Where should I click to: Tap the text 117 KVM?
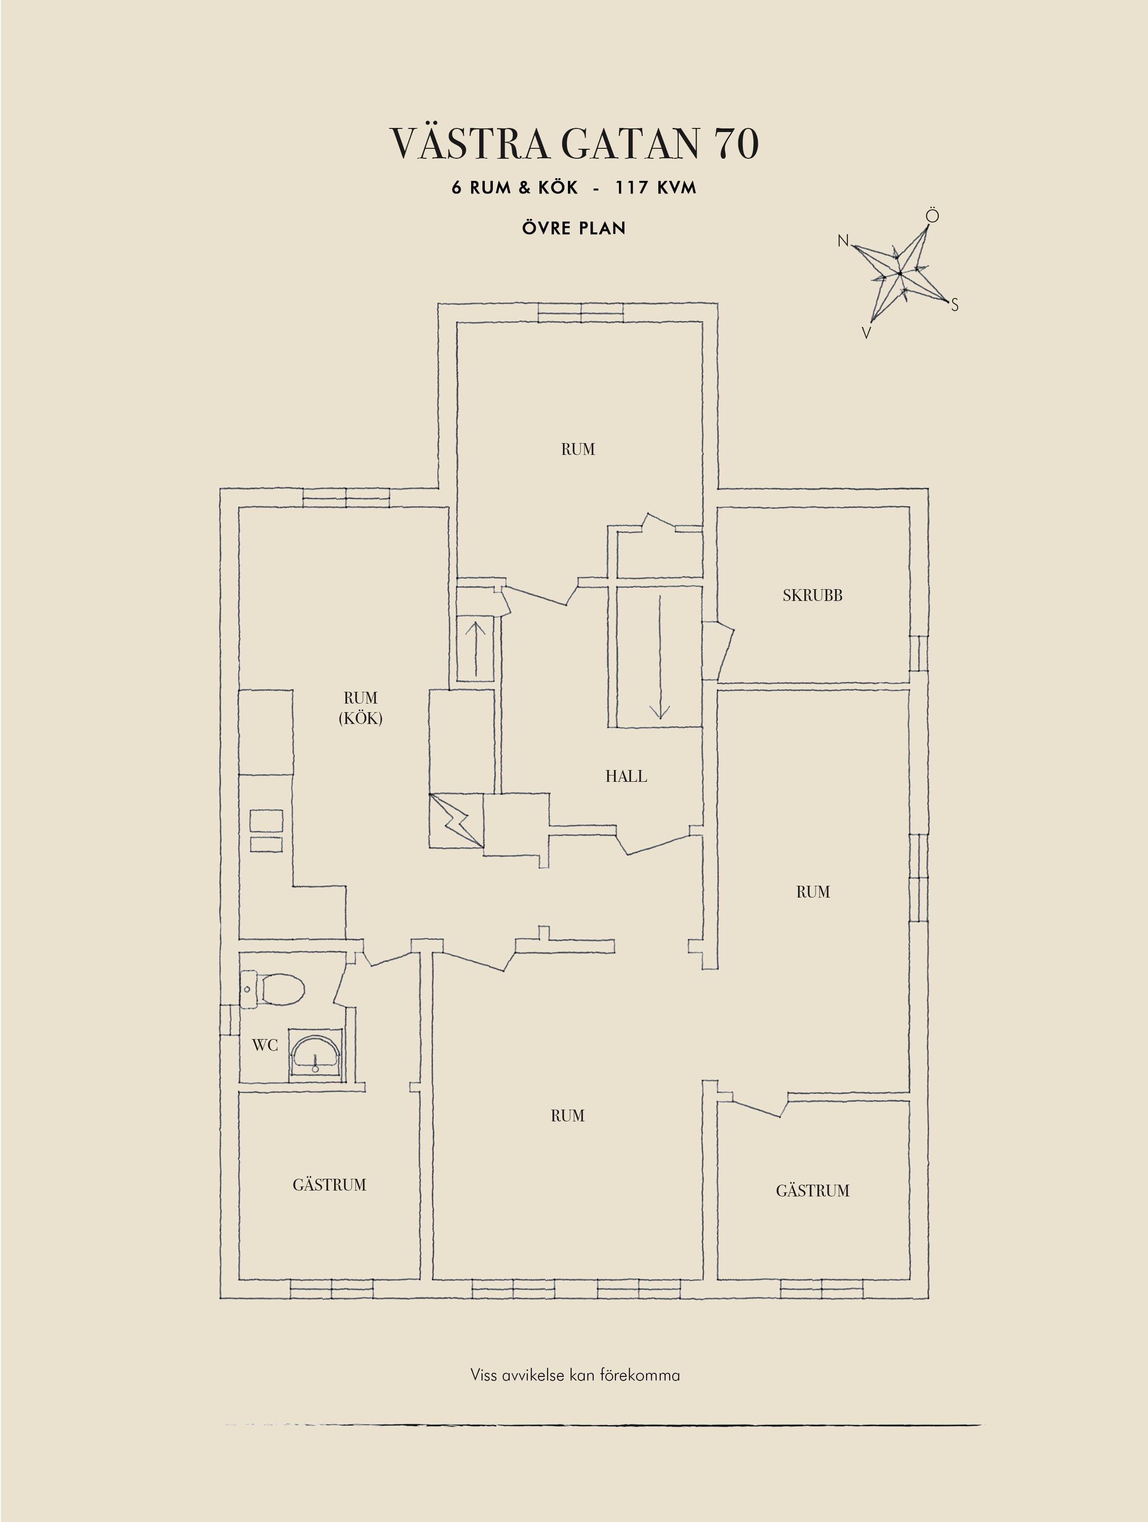pyautogui.click(x=656, y=187)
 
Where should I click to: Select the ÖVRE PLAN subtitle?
pyautogui.click(x=574, y=228)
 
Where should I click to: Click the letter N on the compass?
pyautogui.click(x=843, y=241)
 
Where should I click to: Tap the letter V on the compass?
pyautogui.click(x=867, y=333)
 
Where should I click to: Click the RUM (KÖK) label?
pyautogui.click(x=360, y=708)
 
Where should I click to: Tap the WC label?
pyautogui.click(x=265, y=1045)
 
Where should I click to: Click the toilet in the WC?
pyautogui.click(x=275, y=989)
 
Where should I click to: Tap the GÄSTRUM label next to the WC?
pyautogui.click(x=330, y=1185)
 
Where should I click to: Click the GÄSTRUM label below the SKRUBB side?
pyautogui.click(x=813, y=1191)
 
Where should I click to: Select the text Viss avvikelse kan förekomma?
pyautogui.click(x=575, y=1375)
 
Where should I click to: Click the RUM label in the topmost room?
pyautogui.click(x=578, y=449)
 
